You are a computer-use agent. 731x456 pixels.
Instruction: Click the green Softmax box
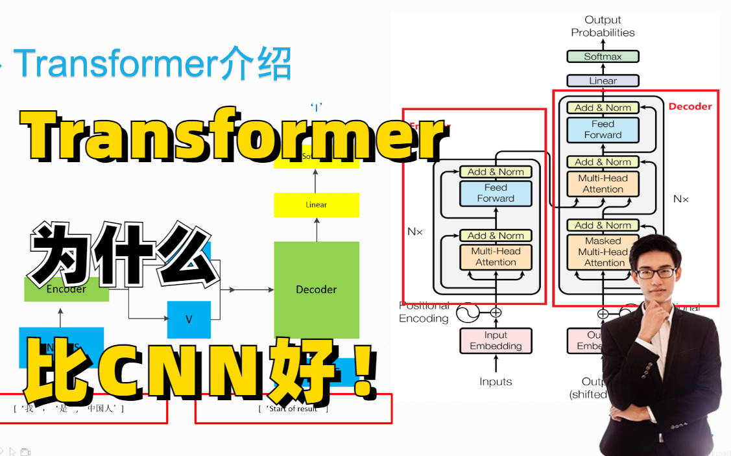coord(603,56)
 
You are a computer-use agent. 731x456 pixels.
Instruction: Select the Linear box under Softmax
coord(603,81)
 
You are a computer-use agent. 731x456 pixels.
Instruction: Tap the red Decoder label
coord(690,106)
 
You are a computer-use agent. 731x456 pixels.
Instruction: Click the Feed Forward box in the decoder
coord(603,129)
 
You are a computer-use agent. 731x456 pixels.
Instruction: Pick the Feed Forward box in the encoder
coord(496,193)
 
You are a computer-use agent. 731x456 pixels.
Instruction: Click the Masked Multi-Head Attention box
coord(603,251)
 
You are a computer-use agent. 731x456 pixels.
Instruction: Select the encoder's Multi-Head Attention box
coord(496,256)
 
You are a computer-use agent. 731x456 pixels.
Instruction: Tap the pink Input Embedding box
coord(496,341)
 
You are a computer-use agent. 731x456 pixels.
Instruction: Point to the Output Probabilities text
coord(603,27)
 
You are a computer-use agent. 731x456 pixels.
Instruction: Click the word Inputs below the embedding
coord(496,382)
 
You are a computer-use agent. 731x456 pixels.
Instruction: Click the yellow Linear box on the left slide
coord(317,205)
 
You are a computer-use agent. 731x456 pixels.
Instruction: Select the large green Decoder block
coord(317,289)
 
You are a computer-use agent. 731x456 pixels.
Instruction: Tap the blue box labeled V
coord(189,320)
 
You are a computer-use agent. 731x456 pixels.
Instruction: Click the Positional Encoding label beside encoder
coord(424,312)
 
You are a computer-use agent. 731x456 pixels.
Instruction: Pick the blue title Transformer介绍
coord(152,64)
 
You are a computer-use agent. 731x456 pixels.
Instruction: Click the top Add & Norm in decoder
coord(603,108)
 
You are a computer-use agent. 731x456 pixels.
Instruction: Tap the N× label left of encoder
coord(415,232)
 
